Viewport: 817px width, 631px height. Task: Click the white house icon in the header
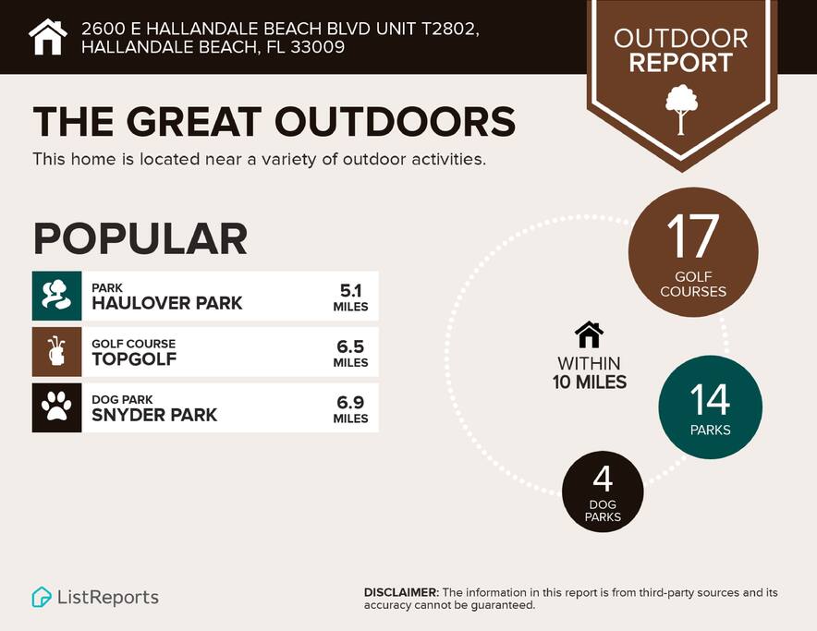[x=48, y=37]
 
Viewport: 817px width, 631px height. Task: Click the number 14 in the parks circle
[x=710, y=400]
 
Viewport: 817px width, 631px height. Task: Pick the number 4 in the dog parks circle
[x=603, y=479]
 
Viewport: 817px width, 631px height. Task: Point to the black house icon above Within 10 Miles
[x=589, y=334]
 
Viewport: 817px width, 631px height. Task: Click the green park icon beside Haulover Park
[x=56, y=296]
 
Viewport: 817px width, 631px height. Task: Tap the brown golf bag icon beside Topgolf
[x=56, y=352]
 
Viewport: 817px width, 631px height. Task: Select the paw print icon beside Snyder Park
[x=56, y=407]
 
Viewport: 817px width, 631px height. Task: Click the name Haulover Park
[x=167, y=303]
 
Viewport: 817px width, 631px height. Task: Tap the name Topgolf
[x=134, y=359]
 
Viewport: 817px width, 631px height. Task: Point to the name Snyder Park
[x=154, y=415]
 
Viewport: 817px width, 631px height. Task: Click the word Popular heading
[x=140, y=238]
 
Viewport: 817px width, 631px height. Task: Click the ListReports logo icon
[x=42, y=597]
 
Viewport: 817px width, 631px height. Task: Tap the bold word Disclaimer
[x=400, y=592]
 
